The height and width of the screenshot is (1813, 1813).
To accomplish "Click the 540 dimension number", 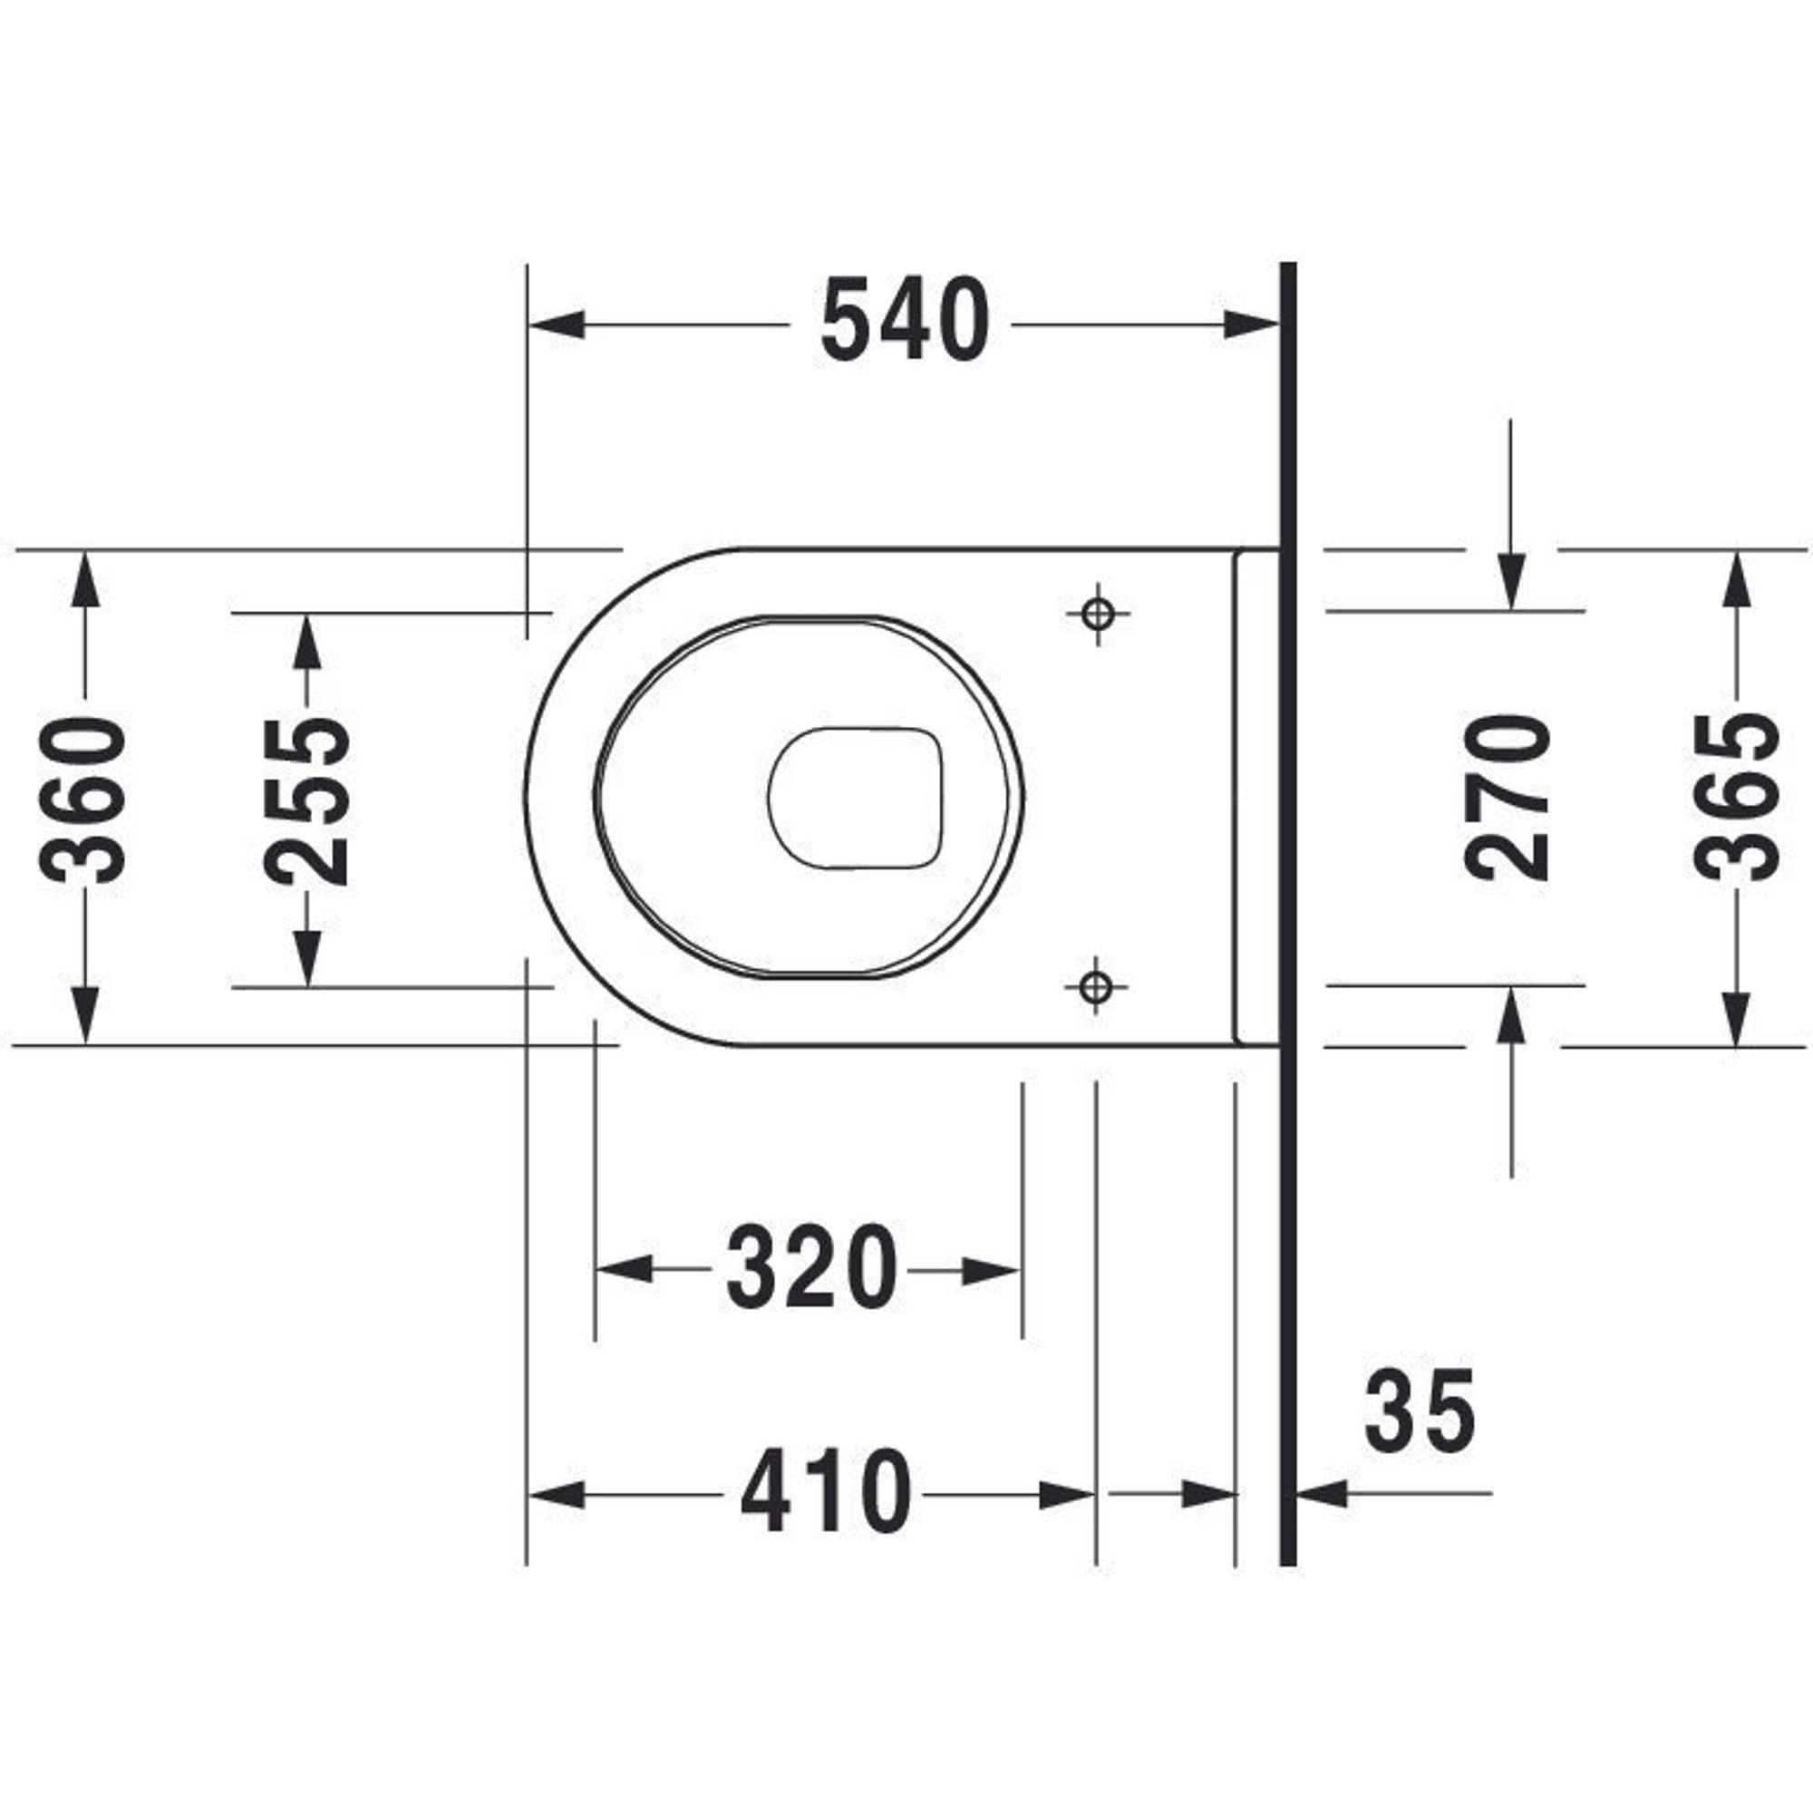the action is (x=905, y=321).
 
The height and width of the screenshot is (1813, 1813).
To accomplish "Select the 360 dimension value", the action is (x=83, y=800).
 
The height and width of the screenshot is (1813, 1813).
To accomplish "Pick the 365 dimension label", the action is (x=1737, y=799).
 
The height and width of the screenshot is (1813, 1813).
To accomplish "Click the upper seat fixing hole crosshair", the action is (x=1097, y=615).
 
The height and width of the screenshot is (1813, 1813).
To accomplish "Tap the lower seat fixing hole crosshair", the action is (x=1095, y=985).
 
